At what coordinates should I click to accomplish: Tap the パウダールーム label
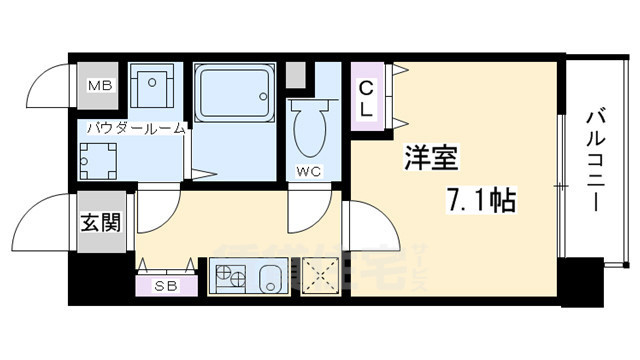(x=135, y=128)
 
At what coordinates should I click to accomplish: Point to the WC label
(x=309, y=171)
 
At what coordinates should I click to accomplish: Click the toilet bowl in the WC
(x=308, y=130)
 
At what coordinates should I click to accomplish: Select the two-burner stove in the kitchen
(x=227, y=276)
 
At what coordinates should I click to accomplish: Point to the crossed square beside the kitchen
(x=321, y=275)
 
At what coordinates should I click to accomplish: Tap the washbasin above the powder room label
(x=153, y=87)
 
